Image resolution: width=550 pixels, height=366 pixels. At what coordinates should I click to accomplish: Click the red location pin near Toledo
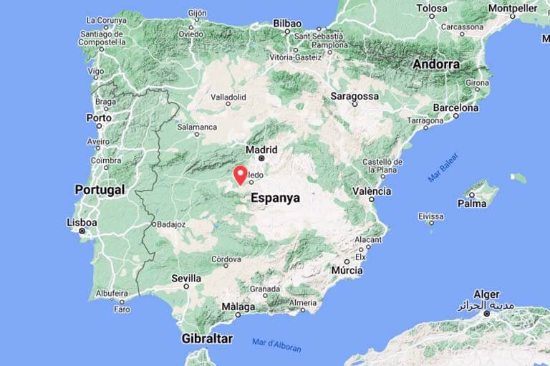coord(241,174)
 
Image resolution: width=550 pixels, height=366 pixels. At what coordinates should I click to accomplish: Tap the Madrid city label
coord(261,150)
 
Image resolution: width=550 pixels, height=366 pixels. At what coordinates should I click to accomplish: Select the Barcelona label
coord(455,108)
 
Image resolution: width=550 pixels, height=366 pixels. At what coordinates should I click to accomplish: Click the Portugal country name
coord(100,190)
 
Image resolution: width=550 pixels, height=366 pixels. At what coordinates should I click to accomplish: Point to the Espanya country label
coord(276,198)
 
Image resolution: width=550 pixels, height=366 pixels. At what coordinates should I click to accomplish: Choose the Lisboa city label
coord(82,223)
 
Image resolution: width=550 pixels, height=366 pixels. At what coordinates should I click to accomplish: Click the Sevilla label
coord(186,278)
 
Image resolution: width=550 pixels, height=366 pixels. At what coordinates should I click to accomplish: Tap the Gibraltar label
coord(207,338)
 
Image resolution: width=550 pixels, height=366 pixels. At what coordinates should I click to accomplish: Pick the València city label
coord(372,191)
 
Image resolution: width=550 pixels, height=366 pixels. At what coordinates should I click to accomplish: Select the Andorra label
coord(436,64)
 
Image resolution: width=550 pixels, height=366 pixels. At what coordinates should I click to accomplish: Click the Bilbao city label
coord(287,23)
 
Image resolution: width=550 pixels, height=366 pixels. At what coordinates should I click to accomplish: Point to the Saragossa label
coord(354,96)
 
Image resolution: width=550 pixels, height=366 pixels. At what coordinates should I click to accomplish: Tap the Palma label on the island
coord(473,203)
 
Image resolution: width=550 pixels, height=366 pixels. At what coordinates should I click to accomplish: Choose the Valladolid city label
coord(227,97)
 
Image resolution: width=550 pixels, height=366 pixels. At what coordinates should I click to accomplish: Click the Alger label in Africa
coord(487,294)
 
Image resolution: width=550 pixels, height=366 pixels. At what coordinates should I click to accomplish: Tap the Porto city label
coord(99,117)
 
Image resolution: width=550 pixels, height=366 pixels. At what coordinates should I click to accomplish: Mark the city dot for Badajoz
coord(153,224)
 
